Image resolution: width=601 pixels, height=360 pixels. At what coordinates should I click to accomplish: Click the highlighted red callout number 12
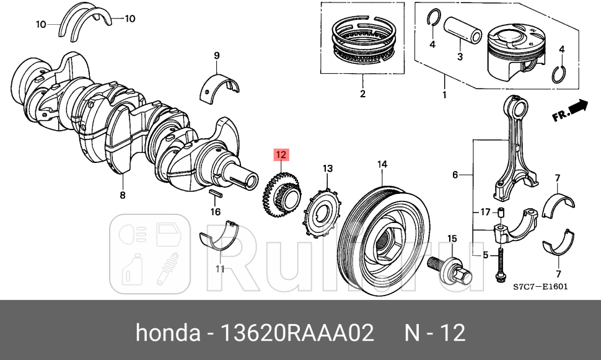tap(281, 154)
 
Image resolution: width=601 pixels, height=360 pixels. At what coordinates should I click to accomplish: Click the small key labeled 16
tap(215, 195)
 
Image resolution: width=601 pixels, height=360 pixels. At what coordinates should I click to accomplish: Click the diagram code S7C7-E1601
tap(540, 287)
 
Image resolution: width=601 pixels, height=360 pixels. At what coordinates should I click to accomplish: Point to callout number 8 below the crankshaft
tap(122, 195)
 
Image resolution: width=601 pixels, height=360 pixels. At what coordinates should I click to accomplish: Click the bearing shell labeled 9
tap(220, 85)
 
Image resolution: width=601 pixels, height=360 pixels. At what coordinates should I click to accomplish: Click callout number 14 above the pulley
tap(382, 164)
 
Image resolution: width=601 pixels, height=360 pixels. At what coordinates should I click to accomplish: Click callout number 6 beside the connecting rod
tap(455, 175)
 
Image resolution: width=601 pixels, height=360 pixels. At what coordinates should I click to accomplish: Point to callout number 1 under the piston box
tap(444, 95)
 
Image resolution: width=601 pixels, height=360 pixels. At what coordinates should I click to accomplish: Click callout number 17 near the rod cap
tap(485, 213)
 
